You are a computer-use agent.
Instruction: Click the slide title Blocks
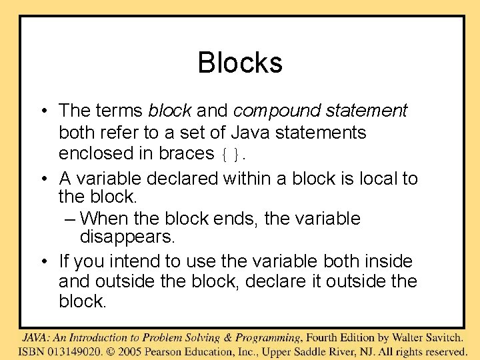click(x=240, y=63)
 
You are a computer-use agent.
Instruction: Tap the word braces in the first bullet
click(x=186, y=153)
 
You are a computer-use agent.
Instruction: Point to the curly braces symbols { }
click(x=233, y=155)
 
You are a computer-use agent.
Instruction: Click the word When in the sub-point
click(x=109, y=219)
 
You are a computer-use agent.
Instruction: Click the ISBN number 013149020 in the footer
click(x=69, y=351)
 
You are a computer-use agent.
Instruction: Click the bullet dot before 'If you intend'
click(x=41, y=261)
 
